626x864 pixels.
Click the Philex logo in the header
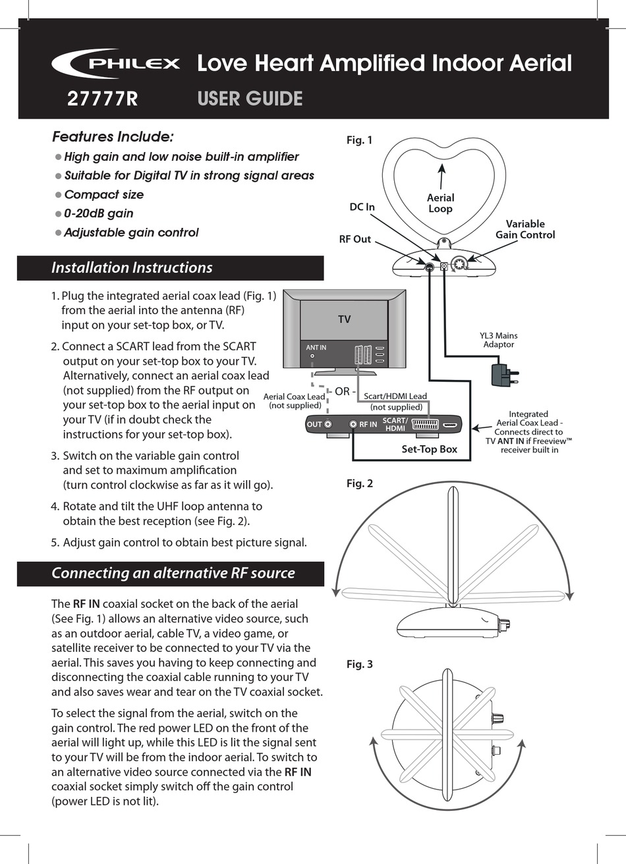116,64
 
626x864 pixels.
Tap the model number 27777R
102,99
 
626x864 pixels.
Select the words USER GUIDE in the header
250,99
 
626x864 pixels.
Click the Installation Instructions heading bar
170,268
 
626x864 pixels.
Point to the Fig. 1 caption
359,140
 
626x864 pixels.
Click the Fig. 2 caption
359,483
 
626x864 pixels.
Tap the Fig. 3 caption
359,664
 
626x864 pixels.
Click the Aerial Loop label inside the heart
440,203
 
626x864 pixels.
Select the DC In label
362,207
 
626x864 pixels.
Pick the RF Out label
355,239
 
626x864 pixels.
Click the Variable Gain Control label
525,229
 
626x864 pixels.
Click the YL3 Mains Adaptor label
498,340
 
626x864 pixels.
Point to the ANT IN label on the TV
316,347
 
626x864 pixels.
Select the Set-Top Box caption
429,449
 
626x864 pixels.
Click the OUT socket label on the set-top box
314,425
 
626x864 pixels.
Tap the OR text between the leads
341,391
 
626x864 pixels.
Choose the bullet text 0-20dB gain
98,213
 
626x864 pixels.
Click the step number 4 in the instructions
55,506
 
